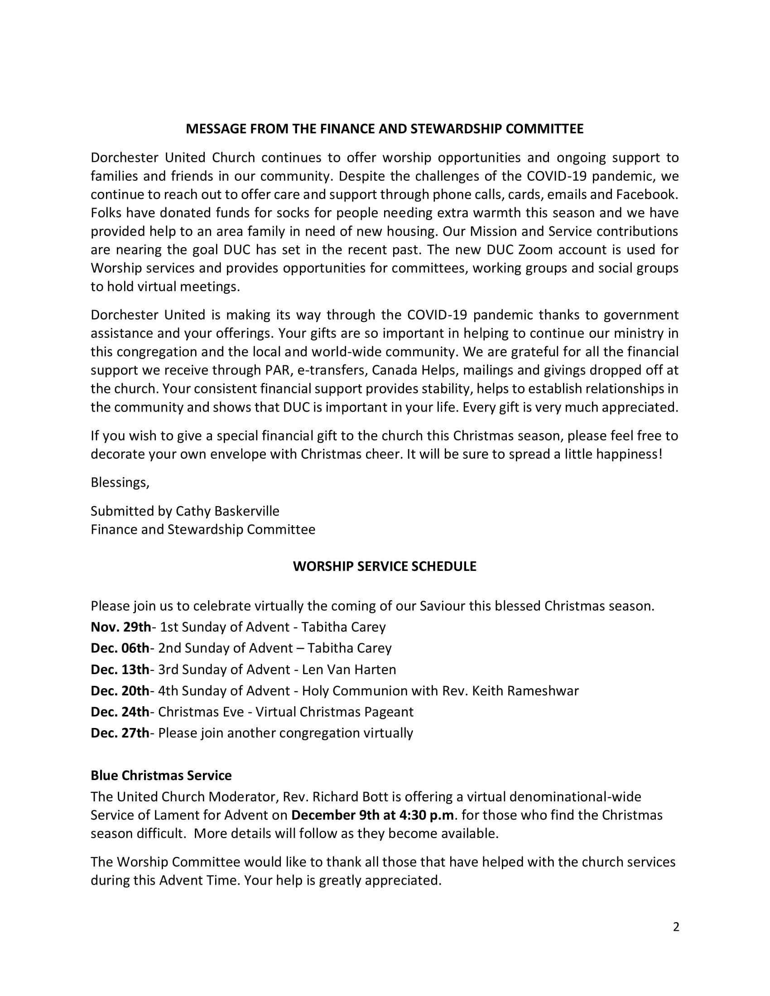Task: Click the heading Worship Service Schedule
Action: click(385, 566)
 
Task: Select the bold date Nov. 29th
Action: click(120, 627)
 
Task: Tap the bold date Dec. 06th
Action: click(120, 648)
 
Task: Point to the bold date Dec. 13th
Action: click(120, 670)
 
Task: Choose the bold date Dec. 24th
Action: click(120, 712)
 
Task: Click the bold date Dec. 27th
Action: click(120, 733)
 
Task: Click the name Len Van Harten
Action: click(349, 670)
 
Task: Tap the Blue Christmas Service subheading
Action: click(161, 775)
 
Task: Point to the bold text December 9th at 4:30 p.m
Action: click(373, 815)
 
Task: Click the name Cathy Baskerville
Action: click(227, 511)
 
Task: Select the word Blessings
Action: click(120, 483)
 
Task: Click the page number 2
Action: click(676, 927)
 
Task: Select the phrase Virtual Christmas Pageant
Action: click(334, 712)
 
